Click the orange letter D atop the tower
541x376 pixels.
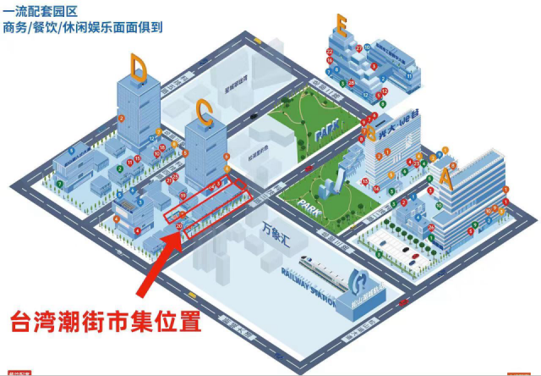[139, 65]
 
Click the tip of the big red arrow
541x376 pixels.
[180, 231]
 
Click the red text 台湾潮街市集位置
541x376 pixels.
[106, 322]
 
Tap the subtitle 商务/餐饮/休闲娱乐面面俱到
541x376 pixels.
[82, 27]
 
